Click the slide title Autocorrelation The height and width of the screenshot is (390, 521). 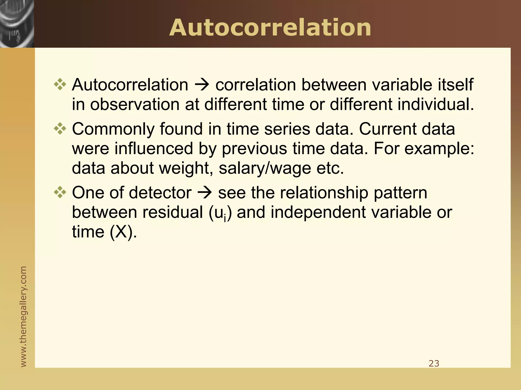tap(270, 28)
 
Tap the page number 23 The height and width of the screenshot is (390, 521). tap(434, 363)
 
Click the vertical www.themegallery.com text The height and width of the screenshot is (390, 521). tap(23, 316)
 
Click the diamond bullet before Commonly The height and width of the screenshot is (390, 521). tap(60, 128)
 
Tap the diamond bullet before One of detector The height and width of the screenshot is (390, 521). tap(60, 192)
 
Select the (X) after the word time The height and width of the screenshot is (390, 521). tap(121, 232)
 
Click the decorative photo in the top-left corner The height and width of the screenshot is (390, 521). tap(17, 24)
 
